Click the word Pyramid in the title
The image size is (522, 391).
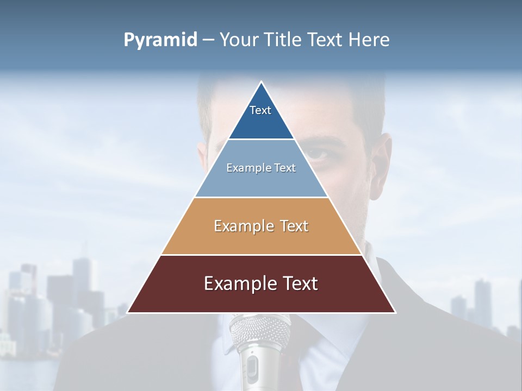pos(160,40)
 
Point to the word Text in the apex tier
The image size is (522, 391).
pos(260,110)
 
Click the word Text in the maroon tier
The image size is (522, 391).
pos(299,284)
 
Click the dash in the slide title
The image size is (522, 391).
pos(208,40)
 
